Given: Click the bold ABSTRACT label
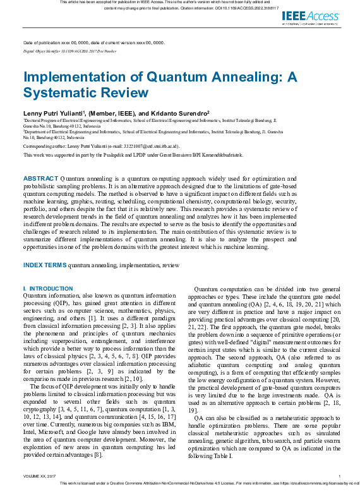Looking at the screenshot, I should click(40, 179).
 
